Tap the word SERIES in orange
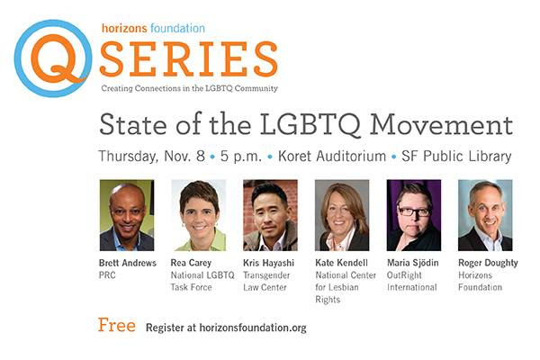[x=189, y=59]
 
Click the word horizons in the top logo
[x=124, y=28]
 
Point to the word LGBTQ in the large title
[x=310, y=125]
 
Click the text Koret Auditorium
[x=332, y=156]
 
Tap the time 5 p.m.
[x=241, y=157]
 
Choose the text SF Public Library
[x=456, y=157]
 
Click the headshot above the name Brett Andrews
[x=127, y=215]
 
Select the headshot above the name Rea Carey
[x=199, y=215]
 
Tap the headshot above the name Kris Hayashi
[x=270, y=215]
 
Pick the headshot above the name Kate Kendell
[x=342, y=215]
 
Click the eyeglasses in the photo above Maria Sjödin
[x=414, y=211]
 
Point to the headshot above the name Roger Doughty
[x=485, y=215]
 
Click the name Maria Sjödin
[x=413, y=263]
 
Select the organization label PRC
[x=107, y=275]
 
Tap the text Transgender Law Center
[x=266, y=281]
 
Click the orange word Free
[x=117, y=325]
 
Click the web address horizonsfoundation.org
[x=253, y=328]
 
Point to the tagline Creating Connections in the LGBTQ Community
[x=189, y=88]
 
